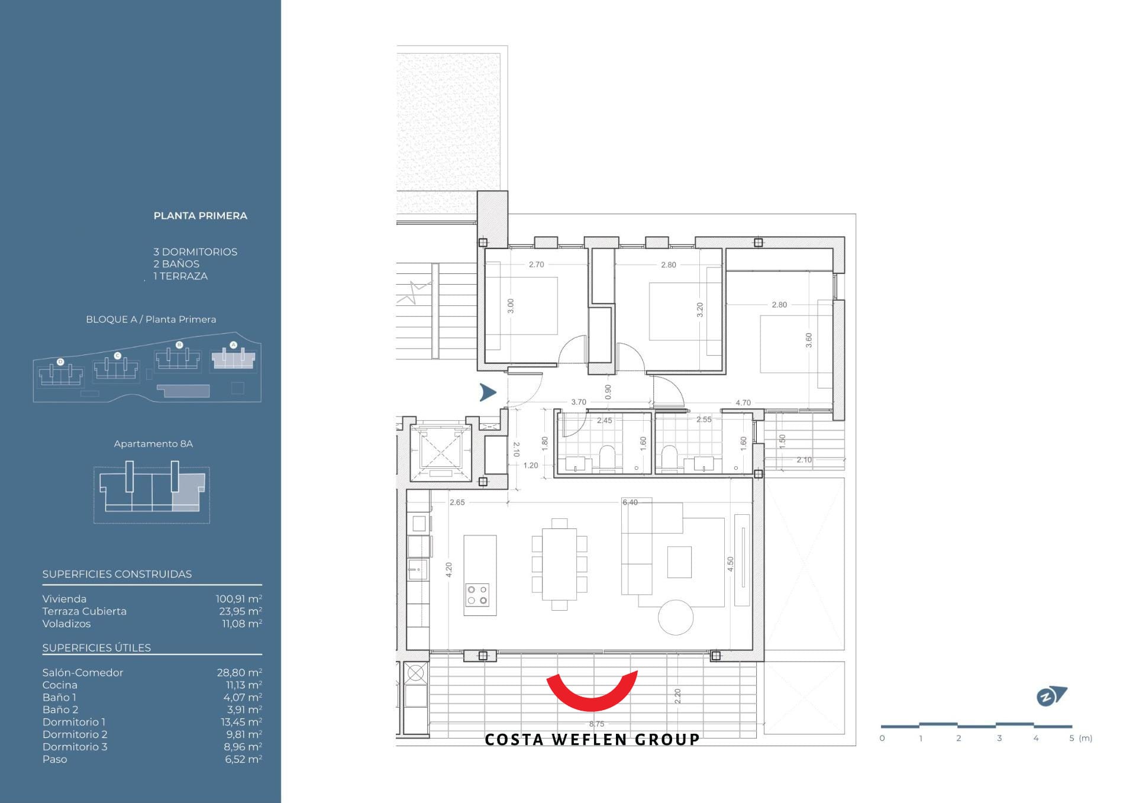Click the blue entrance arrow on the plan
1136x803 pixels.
click(488, 392)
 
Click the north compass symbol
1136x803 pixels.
click(1051, 696)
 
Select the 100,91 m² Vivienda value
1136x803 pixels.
click(239, 599)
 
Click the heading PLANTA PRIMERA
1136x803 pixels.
click(201, 216)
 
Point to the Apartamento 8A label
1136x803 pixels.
click(153, 444)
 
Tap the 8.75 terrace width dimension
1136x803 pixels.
click(596, 724)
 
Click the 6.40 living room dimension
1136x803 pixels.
click(630, 502)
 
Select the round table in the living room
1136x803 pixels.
click(676, 618)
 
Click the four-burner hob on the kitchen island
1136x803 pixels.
click(477, 595)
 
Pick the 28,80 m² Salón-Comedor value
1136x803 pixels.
click(240, 673)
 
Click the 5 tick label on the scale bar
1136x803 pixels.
click(1072, 738)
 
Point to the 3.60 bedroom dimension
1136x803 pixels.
click(809, 340)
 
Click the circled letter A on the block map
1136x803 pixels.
click(233, 344)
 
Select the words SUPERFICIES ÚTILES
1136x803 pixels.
click(96, 648)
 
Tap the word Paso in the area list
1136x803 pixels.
click(54, 759)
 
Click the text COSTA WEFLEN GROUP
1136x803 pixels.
click(592, 740)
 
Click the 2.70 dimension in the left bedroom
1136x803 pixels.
click(537, 265)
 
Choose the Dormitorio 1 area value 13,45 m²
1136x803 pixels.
click(241, 722)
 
